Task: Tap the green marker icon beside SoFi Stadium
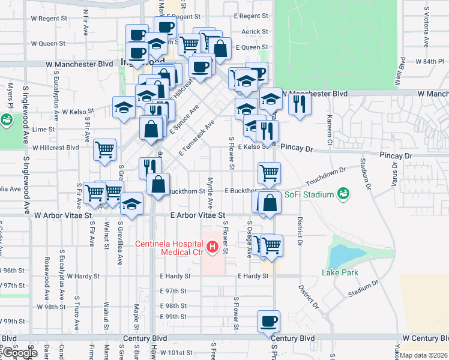(343, 194)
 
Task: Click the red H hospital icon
(211, 247)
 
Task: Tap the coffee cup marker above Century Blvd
(268, 321)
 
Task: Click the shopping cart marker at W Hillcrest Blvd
(104, 149)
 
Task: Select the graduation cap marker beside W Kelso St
(124, 108)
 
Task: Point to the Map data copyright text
(423, 355)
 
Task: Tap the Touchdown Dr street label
(326, 178)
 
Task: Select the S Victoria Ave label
(426, 27)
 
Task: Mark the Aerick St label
(254, 32)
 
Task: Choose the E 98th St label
(173, 305)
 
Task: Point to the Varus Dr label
(394, 173)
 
